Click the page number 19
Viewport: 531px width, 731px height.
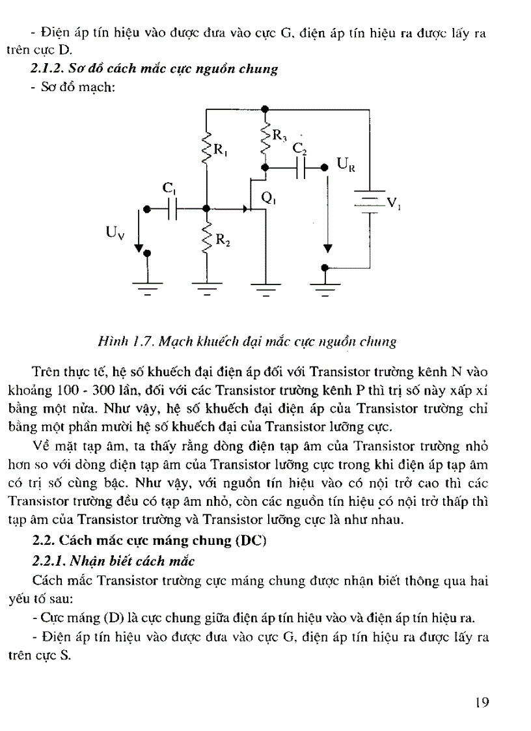[x=482, y=702]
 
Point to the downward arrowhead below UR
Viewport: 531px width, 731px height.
[x=327, y=248]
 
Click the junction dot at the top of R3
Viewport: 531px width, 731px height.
[x=265, y=109]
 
